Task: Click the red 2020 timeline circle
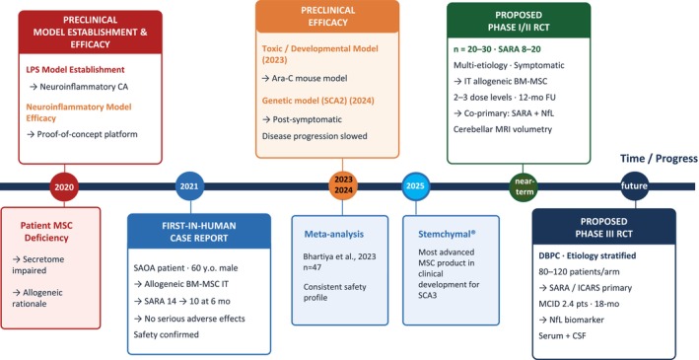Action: pyautogui.click(x=64, y=187)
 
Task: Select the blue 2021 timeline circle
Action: pyautogui.click(x=190, y=186)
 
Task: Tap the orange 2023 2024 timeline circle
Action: pyautogui.click(x=343, y=185)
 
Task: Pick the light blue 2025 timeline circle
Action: pyautogui.click(x=415, y=186)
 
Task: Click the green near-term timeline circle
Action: pyautogui.click(x=524, y=186)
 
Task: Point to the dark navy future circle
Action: pyautogui.click(x=634, y=185)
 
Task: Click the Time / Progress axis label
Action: pyautogui.click(x=659, y=159)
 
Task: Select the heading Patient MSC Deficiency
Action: pyautogui.click(x=46, y=232)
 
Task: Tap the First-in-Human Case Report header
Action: pyautogui.click(x=199, y=231)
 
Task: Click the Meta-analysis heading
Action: pyautogui.click(x=334, y=234)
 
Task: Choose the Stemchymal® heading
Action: pyautogui.click(x=443, y=234)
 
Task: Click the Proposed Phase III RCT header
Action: pyautogui.click(x=603, y=228)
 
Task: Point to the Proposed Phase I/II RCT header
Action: pyautogui.click(x=519, y=21)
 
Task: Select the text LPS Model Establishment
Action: pyautogui.click(x=75, y=70)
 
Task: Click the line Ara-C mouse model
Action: pyautogui.click(x=305, y=78)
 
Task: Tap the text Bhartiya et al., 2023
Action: pyautogui.click(x=340, y=256)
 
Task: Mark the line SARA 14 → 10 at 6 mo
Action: pyautogui.click(x=181, y=301)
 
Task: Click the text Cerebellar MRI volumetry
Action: pyautogui.click(x=503, y=129)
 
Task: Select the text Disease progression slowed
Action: pyautogui.click(x=315, y=135)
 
